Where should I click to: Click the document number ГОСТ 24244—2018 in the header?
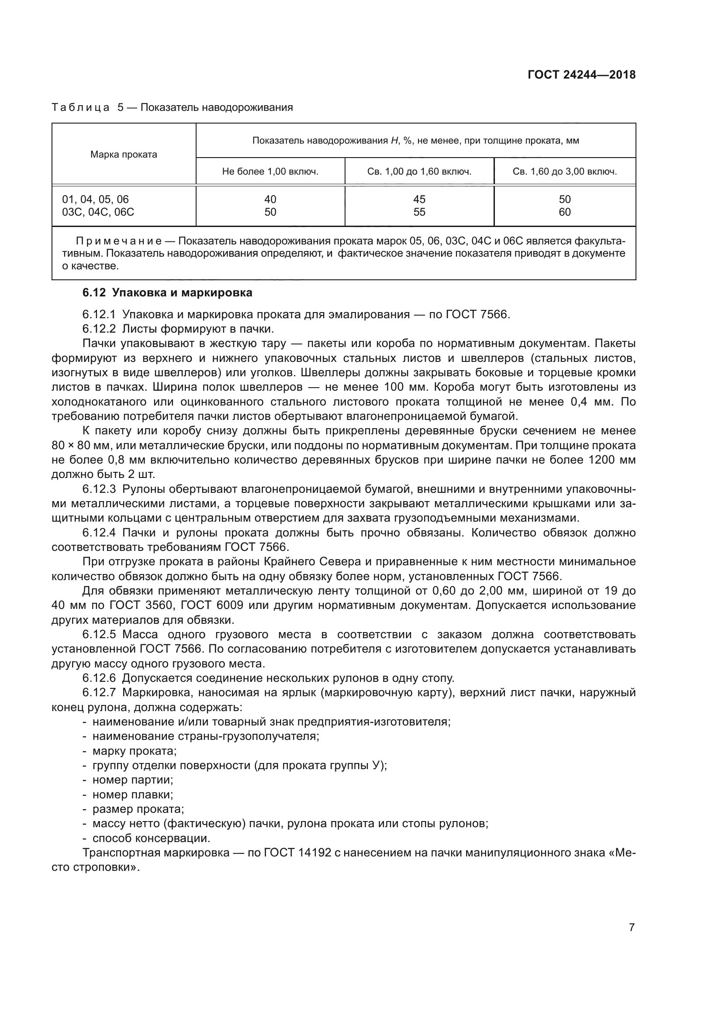[x=581, y=75]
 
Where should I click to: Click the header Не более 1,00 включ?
[x=270, y=172]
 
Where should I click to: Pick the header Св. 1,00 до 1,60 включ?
[x=419, y=172]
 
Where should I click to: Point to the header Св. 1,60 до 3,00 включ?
[x=564, y=172]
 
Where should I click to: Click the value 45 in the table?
[x=419, y=199]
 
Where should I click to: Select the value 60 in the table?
[x=564, y=212]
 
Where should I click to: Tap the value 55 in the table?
[x=419, y=212]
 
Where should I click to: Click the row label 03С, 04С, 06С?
[x=98, y=212]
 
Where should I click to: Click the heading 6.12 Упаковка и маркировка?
[x=167, y=292]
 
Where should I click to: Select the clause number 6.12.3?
[x=99, y=489]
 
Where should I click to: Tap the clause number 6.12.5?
[x=99, y=635]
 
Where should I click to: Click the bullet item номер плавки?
[x=133, y=794]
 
